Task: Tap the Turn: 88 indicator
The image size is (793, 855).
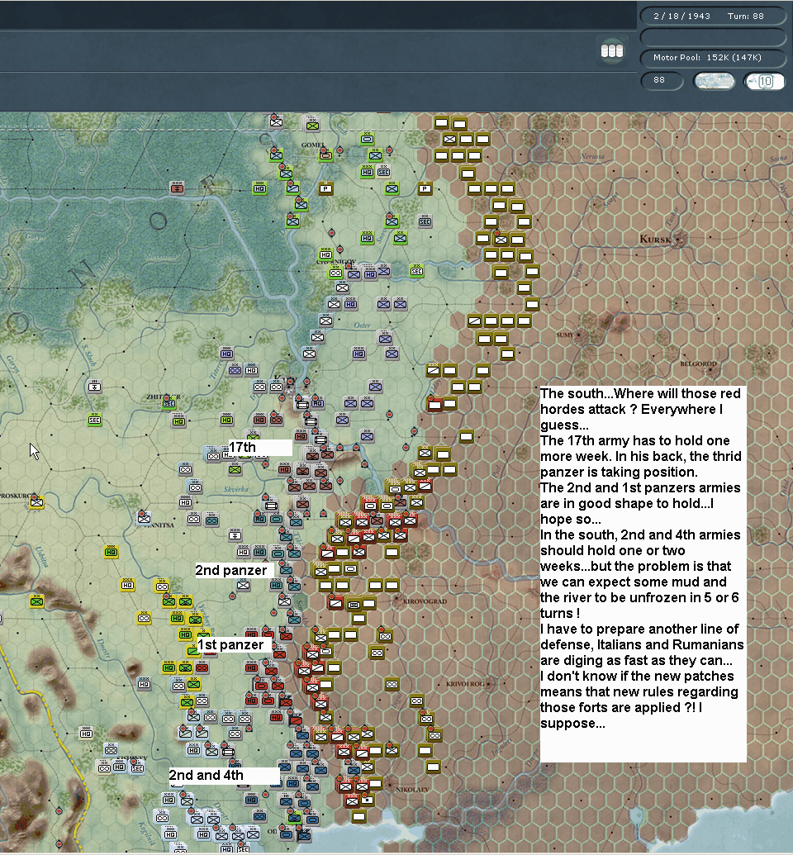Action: coord(745,16)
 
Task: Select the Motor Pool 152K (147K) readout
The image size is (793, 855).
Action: coord(707,58)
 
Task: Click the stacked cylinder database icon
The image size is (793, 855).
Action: coord(611,50)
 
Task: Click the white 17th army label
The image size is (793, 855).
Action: coord(243,448)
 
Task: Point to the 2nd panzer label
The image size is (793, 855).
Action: coord(231,570)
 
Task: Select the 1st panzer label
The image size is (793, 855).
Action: coord(230,644)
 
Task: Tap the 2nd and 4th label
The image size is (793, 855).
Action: coord(207,775)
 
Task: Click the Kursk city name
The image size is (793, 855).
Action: coord(658,240)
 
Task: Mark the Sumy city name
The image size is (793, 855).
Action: coord(565,335)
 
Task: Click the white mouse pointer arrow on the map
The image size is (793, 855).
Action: coord(34,450)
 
